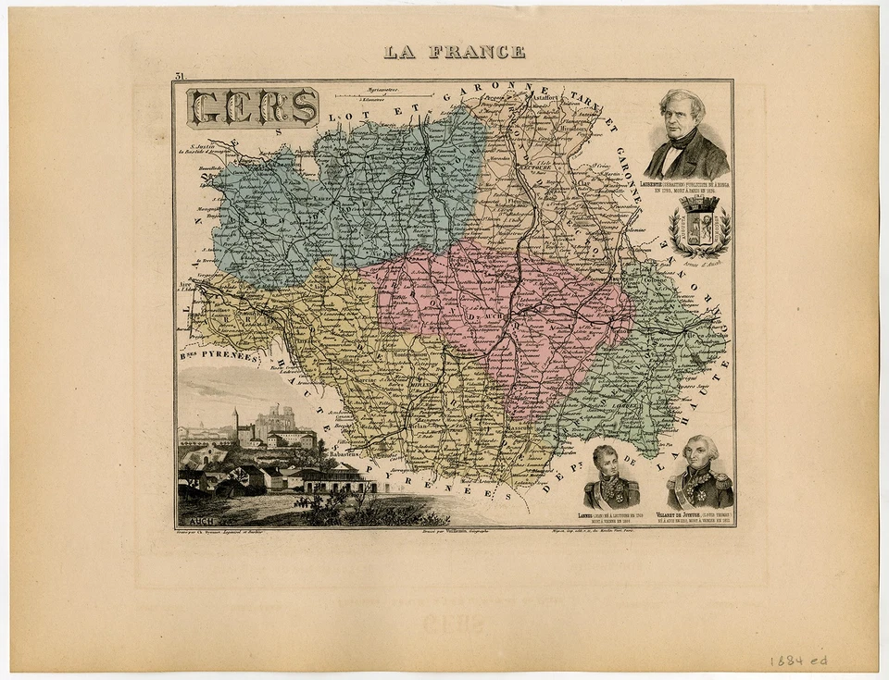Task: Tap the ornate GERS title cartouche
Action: (253, 107)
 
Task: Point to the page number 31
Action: (179, 77)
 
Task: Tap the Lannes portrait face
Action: (607, 460)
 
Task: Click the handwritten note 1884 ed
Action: (797, 661)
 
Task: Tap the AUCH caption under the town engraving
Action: (191, 521)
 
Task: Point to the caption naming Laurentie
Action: (686, 187)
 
